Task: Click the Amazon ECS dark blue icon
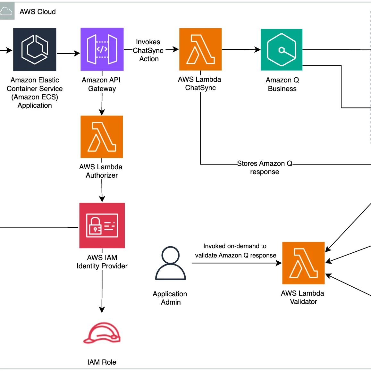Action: click(35, 50)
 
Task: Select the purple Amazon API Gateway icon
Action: click(102, 49)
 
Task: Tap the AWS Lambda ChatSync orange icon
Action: click(200, 49)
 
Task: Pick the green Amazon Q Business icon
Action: click(282, 50)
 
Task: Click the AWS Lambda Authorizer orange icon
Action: click(102, 137)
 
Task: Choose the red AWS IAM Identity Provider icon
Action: click(102, 225)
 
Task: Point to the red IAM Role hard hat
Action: click(102, 333)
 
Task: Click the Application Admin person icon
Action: click(170, 263)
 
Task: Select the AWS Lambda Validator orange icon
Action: click(303, 263)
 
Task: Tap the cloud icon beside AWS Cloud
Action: click(6, 11)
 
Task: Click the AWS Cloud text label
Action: click(38, 12)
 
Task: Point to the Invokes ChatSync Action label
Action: click(148, 50)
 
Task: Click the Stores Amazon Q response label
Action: click(265, 167)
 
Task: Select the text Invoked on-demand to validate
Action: click(235, 250)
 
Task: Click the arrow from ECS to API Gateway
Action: click(69, 54)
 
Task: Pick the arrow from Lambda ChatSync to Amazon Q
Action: click(241, 49)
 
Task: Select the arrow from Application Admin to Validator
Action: click(237, 263)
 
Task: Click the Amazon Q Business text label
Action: click(282, 84)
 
